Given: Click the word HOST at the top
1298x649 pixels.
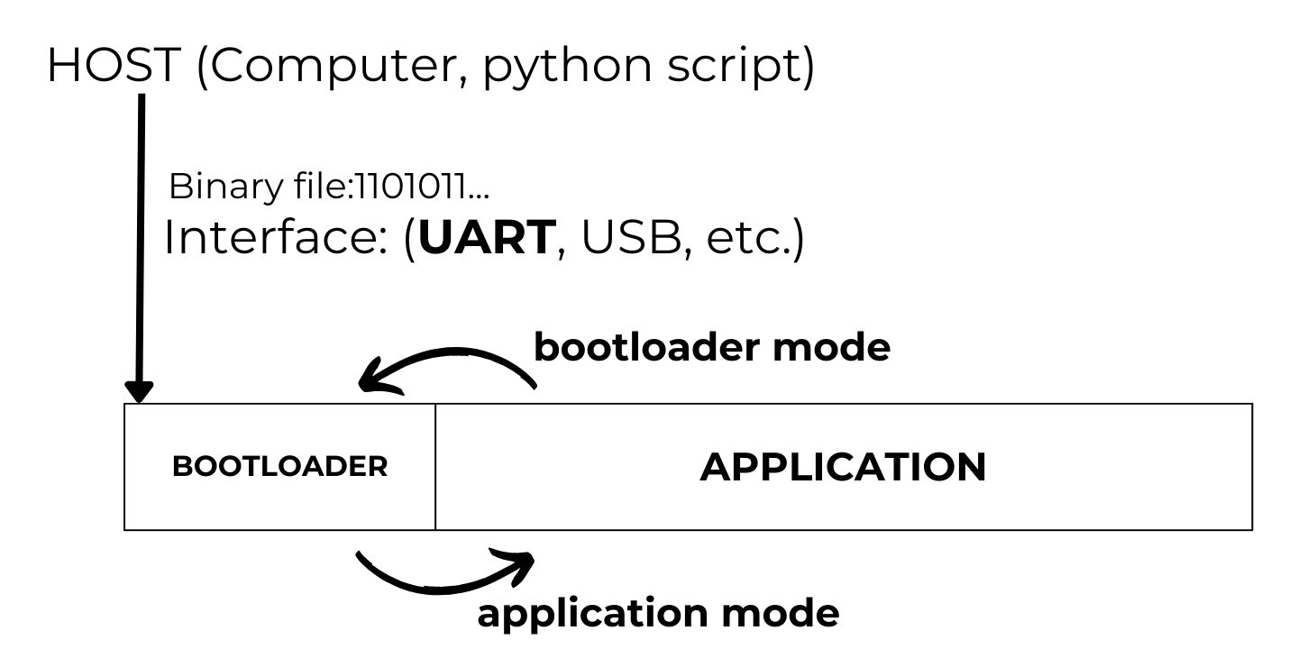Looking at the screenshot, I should click(x=114, y=66).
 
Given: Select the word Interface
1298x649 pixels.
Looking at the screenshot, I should click(x=270, y=238).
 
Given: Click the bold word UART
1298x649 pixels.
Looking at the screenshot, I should click(x=487, y=238).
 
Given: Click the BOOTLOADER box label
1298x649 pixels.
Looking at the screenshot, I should click(x=279, y=467).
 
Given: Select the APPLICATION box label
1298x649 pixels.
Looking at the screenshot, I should click(x=843, y=467).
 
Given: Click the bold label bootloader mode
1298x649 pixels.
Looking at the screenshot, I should click(x=712, y=347).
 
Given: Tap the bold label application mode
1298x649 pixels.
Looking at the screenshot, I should click(x=658, y=614).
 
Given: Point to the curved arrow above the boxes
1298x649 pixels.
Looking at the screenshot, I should click(x=451, y=361).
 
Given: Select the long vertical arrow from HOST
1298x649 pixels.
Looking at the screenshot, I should click(x=141, y=243).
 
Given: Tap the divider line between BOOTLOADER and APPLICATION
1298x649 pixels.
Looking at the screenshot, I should click(x=435, y=467).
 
